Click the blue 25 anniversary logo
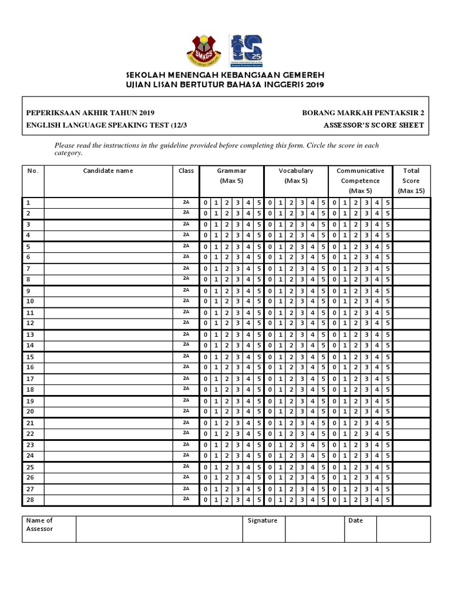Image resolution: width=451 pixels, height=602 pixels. coord(245,51)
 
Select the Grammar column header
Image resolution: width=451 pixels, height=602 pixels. coord(231,176)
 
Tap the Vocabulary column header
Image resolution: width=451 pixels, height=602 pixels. coord(296,176)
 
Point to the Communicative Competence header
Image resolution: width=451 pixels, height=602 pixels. coord(360,180)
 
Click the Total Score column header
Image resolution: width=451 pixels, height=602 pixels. coord(411,180)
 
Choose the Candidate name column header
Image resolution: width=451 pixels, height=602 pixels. coord(108,171)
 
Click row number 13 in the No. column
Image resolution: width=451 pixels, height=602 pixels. coord(31,335)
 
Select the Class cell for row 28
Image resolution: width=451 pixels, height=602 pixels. coord(186,499)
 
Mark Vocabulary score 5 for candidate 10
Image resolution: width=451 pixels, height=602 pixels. coord(323,302)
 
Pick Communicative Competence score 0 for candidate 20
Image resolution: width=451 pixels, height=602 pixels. coord(335,412)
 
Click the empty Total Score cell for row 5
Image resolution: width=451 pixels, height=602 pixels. coord(411,247)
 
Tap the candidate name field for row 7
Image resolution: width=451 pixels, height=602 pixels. coord(108,269)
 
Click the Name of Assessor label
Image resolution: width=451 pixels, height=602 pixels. coord(40,524)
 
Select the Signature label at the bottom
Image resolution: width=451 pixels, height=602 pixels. coord(262,520)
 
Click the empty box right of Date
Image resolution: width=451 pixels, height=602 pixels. coord(403,529)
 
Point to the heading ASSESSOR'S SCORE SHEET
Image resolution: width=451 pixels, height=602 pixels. coord(373,125)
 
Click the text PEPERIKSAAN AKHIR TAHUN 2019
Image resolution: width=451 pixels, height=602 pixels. coord(90,113)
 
